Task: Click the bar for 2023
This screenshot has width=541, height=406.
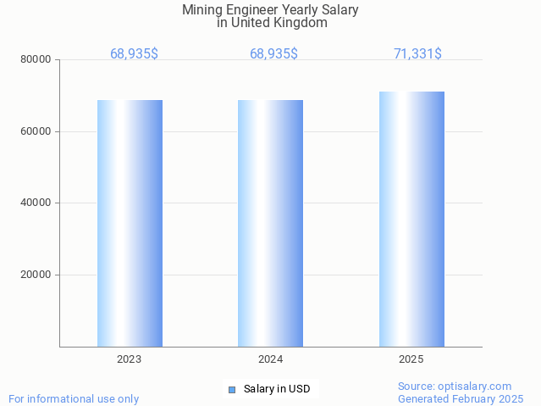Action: pyautogui.click(x=130, y=223)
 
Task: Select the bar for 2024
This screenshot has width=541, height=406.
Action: pyautogui.click(x=270, y=223)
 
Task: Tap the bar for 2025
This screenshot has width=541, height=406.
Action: pyautogui.click(x=411, y=219)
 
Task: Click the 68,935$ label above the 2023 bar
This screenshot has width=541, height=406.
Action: pyautogui.click(x=134, y=53)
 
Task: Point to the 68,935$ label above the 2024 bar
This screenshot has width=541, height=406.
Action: pyautogui.click(x=273, y=53)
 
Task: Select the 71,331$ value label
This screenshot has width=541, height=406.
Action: pyautogui.click(x=417, y=53)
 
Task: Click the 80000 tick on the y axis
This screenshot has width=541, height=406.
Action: pyautogui.click(x=36, y=60)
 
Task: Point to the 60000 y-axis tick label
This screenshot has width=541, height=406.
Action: pyautogui.click(x=36, y=131)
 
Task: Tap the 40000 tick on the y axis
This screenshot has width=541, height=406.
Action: pyautogui.click(x=36, y=203)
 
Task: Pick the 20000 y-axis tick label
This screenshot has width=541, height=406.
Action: pyautogui.click(x=36, y=275)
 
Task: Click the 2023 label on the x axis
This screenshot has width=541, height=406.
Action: pyautogui.click(x=130, y=359)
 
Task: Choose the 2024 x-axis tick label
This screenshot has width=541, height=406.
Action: pyautogui.click(x=270, y=359)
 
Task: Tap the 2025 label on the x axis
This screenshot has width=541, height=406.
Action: pyautogui.click(x=411, y=359)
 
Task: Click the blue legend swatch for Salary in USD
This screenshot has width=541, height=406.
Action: pyautogui.click(x=232, y=390)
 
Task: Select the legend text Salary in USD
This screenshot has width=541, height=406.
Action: pyautogui.click(x=277, y=390)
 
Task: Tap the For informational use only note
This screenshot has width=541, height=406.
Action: pyautogui.click(x=74, y=398)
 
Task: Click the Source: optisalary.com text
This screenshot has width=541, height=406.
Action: pyautogui.click(x=455, y=386)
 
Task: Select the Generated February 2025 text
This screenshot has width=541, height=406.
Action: pyautogui.click(x=461, y=398)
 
